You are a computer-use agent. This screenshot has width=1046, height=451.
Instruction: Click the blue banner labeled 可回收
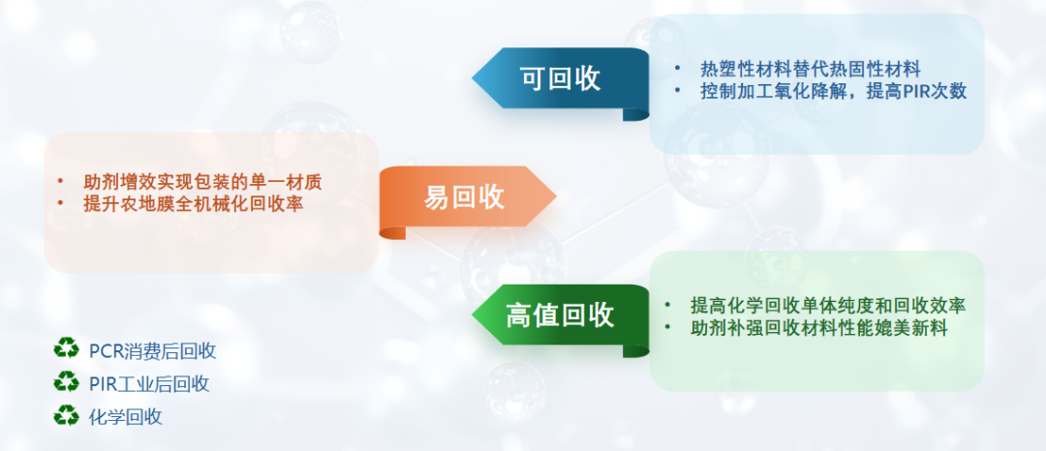[x=561, y=78]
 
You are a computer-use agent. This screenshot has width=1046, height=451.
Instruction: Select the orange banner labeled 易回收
[x=467, y=197]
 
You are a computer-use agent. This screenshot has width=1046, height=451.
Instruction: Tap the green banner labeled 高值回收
[x=561, y=316]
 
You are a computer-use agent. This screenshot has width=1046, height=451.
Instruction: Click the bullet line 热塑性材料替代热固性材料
[x=811, y=69]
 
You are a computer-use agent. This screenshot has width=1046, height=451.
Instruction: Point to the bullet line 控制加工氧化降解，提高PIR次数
[x=833, y=91]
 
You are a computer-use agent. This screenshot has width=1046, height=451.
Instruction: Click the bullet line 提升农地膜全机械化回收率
[x=194, y=204]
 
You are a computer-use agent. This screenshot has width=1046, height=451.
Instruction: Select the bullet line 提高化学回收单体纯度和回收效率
[x=828, y=306]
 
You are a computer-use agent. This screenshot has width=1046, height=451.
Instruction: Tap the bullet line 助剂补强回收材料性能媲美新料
[x=819, y=328]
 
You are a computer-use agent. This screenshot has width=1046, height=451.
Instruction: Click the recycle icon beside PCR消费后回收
[x=66, y=348]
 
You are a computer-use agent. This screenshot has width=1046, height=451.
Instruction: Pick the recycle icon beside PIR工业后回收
[x=66, y=381]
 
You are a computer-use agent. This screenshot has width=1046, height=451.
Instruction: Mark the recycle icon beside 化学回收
[x=66, y=415]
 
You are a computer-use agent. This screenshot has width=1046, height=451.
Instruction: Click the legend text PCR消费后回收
[x=153, y=351]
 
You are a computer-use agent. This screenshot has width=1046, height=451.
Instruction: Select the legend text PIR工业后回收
[x=149, y=384]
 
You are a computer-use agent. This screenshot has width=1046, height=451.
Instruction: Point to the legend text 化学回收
[x=126, y=418]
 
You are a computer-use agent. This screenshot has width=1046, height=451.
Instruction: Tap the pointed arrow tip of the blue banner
[x=473, y=78]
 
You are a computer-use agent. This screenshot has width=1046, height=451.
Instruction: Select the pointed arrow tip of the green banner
[x=473, y=316]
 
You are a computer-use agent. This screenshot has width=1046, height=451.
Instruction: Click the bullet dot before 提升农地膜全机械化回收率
[x=61, y=204]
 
